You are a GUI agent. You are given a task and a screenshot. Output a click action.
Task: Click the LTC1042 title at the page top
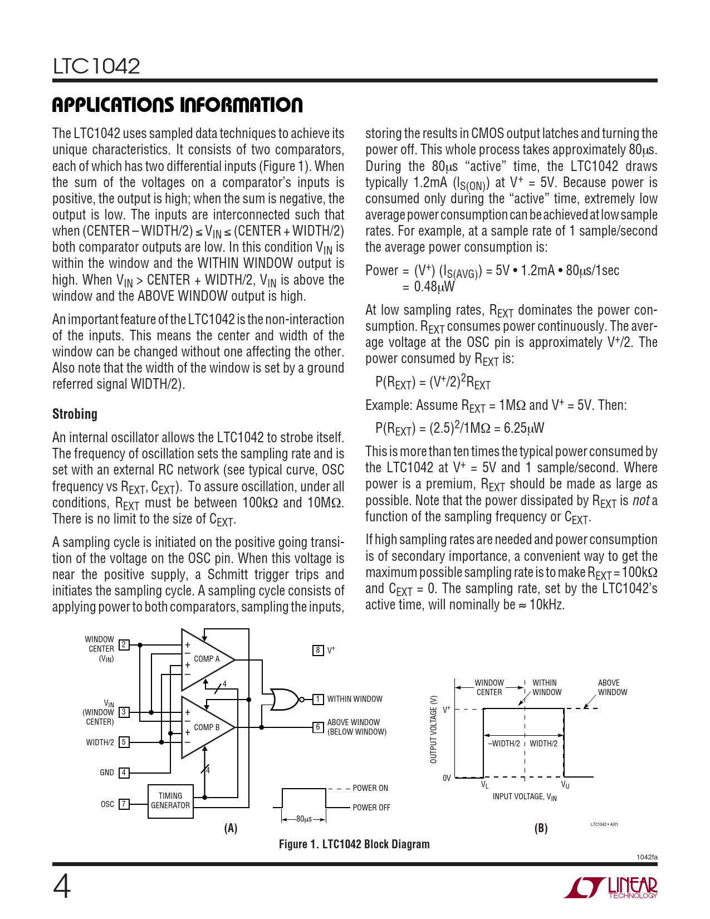(96, 66)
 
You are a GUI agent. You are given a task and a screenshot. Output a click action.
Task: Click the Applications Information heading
(177, 105)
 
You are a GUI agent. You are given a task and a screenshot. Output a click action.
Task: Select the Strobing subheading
(75, 414)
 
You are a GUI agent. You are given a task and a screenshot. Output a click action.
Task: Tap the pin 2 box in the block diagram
(124, 645)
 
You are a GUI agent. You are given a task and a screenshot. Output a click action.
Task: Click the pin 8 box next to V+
(318, 650)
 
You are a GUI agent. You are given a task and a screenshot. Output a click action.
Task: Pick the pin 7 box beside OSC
(124, 804)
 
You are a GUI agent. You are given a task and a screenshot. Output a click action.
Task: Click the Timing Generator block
(170, 801)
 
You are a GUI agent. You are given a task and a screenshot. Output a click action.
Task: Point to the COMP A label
(207, 659)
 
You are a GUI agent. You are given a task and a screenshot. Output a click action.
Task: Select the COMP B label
(207, 727)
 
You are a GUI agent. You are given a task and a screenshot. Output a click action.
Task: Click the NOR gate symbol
(283, 699)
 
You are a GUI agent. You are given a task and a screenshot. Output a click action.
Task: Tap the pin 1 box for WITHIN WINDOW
(318, 699)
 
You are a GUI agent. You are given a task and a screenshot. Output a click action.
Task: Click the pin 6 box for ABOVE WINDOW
(318, 727)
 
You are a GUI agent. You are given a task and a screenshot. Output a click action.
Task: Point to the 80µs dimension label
(303, 819)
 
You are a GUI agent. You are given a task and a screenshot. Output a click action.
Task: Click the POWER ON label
(370, 788)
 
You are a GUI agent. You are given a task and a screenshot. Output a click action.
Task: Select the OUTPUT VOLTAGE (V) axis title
(433, 729)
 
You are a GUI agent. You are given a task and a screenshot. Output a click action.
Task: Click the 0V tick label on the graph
(447, 778)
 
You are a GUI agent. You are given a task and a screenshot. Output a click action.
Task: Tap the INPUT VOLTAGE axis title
(525, 797)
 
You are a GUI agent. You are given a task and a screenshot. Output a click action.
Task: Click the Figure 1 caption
(354, 844)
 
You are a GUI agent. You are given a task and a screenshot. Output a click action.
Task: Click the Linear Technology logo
(611, 887)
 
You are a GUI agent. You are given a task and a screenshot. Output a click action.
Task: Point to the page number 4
(62, 887)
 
